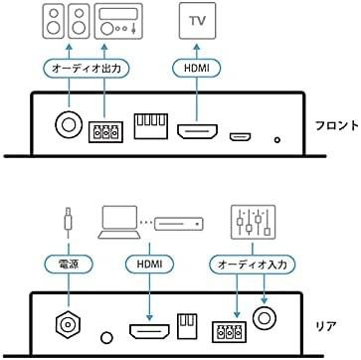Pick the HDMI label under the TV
tap(195, 67)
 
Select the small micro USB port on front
tap(240, 134)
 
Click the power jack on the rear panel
tap(66, 324)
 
